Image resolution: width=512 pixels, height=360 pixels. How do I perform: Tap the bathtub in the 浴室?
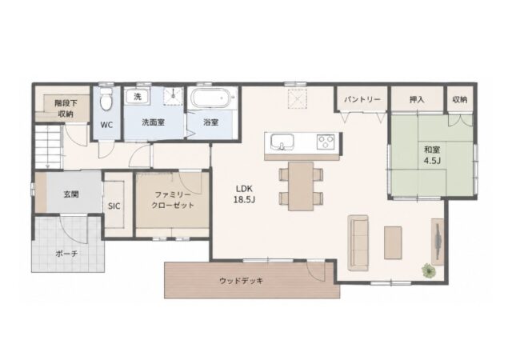pyautogui.click(x=214, y=98)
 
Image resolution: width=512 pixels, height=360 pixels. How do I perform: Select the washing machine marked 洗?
pyautogui.click(x=138, y=96)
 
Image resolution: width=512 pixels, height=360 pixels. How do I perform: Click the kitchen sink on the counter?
pyautogui.click(x=282, y=142)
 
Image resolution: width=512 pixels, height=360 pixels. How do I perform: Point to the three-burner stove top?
pyautogui.click(x=326, y=142)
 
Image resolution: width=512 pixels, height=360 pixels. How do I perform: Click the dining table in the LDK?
pyautogui.click(x=301, y=186)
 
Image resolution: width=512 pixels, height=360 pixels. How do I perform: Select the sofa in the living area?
pyautogui.click(x=358, y=242)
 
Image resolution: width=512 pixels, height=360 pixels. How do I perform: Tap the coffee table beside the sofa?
pyautogui.click(x=393, y=242)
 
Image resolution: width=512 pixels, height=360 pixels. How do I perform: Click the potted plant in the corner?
pyautogui.click(x=428, y=270)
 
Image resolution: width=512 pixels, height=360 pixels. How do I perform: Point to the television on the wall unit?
pyautogui.click(x=438, y=241)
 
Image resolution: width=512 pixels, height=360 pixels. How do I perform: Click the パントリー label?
pyautogui.click(x=362, y=99)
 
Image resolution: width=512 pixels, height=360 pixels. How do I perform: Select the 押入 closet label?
pyautogui.click(x=417, y=99)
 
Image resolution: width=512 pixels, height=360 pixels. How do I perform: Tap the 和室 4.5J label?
pyautogui.click(x=432, y=155)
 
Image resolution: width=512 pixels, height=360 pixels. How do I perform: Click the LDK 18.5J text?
pyautogui.click(x=244, y=194)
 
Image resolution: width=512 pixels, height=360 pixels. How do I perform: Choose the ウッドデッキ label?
pyautogui.click(x=242, y=281)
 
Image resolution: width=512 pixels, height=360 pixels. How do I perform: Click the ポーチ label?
pyautogui.click(x=66, y=254)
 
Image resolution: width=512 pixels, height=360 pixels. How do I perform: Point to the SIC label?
pyautogui.click(x=114, y=206)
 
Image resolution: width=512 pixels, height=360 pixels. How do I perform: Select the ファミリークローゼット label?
pyautogui.click(x=173, y=200)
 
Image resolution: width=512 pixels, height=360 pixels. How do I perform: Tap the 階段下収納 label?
pyautogui.click(x=66, y=109)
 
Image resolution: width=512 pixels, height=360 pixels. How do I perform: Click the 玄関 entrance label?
pyautogui.click(x=71, y=194)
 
